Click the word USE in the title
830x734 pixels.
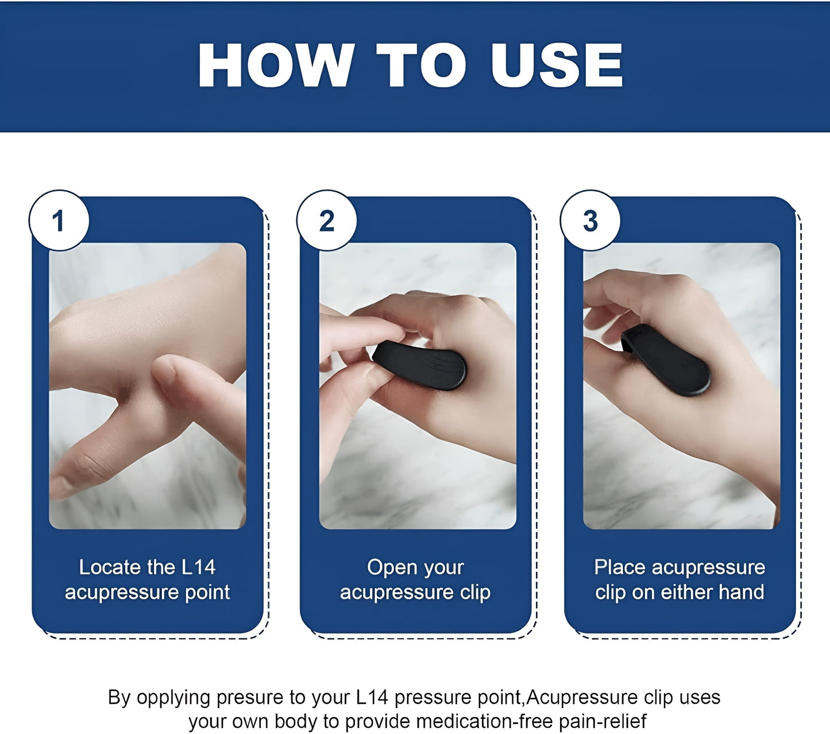pos(557,65)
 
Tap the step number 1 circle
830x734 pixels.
pos(59,221)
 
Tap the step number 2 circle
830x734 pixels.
pos(327,221)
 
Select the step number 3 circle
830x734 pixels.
pos(590,221)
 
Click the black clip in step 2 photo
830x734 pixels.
pos(420,365)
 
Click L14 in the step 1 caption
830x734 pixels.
pos(198,567)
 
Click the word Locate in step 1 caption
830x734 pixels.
pos(110,567)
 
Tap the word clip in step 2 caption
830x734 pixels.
pos(475,592)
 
